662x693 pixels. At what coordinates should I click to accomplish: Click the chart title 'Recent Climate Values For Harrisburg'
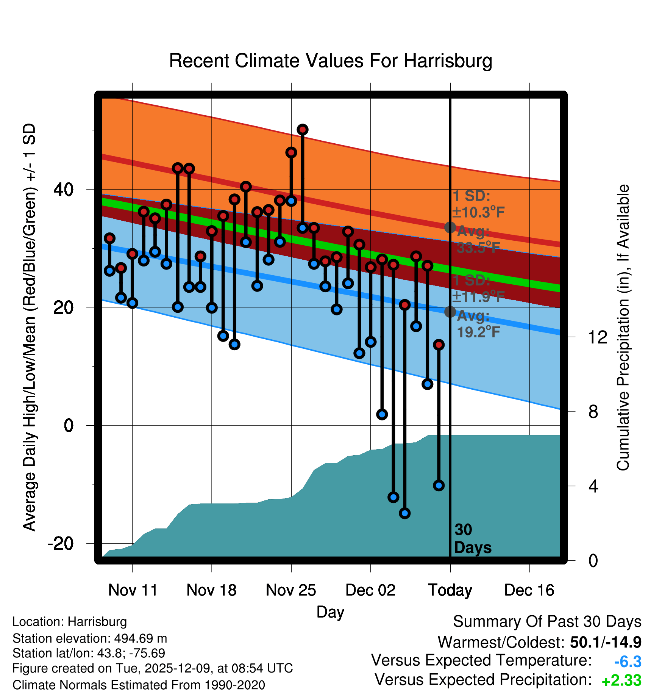330,61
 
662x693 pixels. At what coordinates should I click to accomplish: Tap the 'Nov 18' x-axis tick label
211,590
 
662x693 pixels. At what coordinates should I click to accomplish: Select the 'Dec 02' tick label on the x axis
370,590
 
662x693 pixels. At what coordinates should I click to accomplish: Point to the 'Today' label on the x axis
450,590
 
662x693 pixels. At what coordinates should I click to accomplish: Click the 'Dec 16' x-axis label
529,590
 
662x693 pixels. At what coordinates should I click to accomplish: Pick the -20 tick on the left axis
61,544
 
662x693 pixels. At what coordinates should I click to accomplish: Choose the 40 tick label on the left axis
64,189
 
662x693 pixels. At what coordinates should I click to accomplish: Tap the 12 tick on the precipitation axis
598,337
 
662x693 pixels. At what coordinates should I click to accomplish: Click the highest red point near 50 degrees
303,130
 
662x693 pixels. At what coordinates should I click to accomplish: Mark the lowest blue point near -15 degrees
405,513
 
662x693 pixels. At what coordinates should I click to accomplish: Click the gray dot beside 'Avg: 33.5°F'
450,227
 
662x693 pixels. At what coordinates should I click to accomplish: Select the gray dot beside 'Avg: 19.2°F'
450,312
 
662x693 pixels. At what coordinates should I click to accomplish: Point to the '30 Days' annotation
472,539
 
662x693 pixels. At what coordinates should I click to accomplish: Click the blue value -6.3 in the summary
628,662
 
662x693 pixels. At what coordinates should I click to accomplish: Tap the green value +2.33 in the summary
621,680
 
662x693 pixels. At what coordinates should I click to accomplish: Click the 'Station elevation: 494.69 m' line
90,638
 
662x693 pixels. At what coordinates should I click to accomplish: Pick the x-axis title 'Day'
330,611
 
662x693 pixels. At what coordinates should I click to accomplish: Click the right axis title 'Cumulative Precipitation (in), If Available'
623,328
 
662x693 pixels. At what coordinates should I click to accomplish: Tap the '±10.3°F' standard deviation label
479,212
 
